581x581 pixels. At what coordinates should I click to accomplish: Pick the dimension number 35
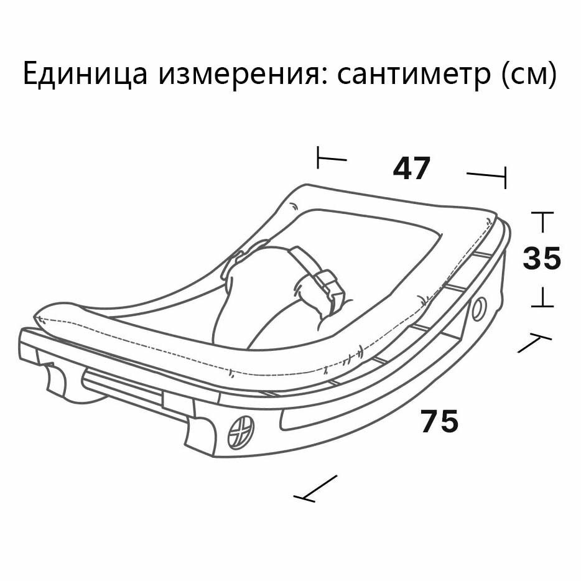[x=542, y=259]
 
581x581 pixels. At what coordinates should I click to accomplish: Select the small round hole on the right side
[x=479, y=307]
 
